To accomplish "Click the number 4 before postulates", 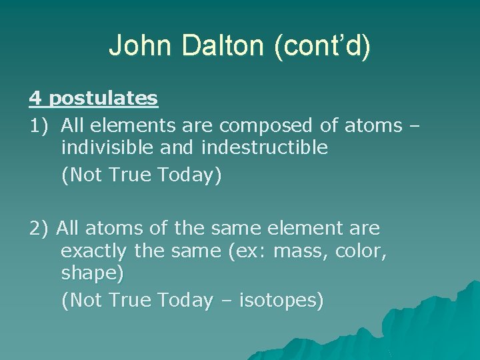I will pos(35,99).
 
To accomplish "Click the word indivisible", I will pos(107,147).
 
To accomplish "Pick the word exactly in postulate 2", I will pos(94,251).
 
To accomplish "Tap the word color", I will pos(359,251).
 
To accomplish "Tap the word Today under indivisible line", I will pos(185,175).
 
